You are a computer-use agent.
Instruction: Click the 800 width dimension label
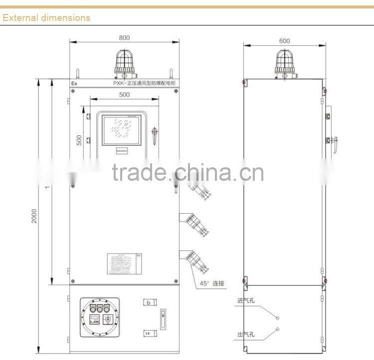(x=125, y=38)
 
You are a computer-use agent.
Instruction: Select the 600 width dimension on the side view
(x=284, y=41)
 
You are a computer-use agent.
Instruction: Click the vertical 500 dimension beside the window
(x=79, y=140)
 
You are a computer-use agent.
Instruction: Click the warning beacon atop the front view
(x=125, y=62)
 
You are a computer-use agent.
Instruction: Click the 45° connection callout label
(x=212, y=283)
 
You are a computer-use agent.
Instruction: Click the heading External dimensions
(x=46, y=17)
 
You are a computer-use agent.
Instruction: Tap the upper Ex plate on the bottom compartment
(x=148, y=303)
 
